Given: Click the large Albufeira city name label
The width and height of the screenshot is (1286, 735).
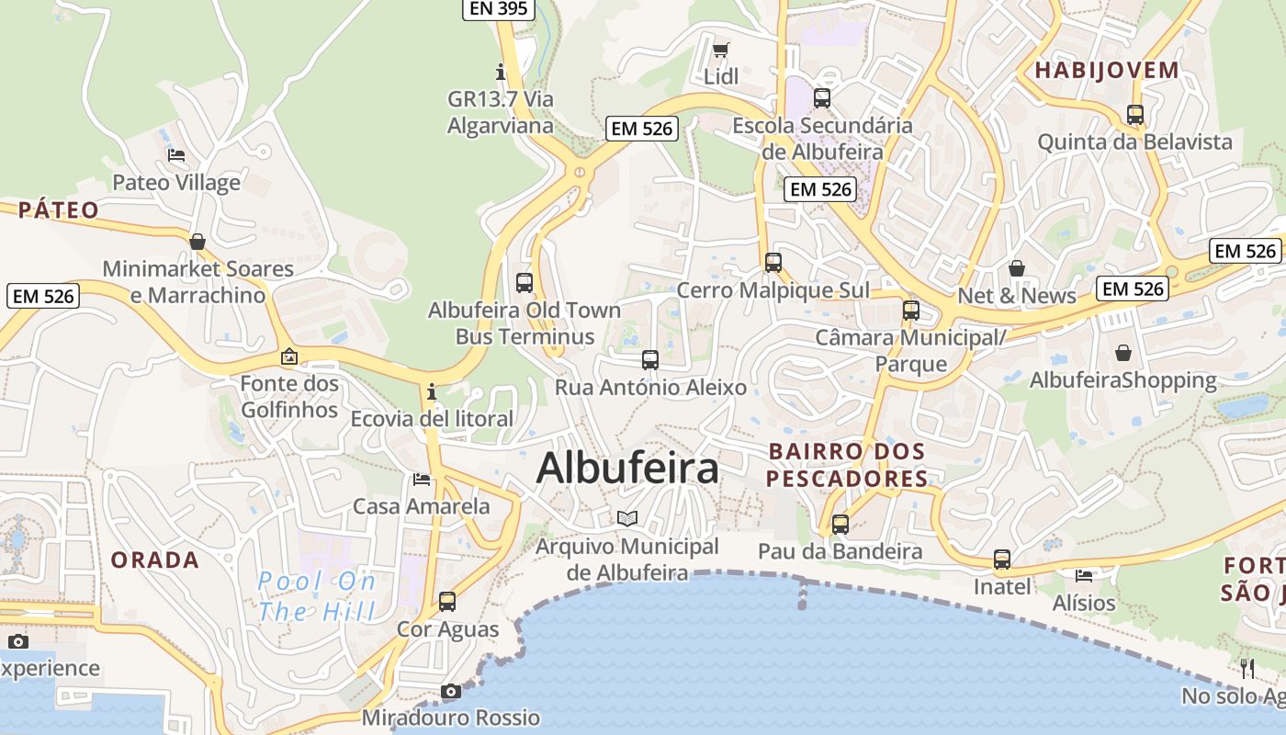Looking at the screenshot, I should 627,468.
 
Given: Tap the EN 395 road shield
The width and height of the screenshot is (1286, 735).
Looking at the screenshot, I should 498,9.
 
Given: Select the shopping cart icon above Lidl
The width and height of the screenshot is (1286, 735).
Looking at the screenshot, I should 721,50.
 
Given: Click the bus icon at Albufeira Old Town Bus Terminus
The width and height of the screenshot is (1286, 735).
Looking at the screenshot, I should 525,283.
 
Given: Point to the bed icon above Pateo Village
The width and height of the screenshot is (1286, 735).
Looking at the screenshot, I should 176,155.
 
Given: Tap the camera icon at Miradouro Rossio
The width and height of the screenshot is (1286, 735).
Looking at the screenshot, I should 450,691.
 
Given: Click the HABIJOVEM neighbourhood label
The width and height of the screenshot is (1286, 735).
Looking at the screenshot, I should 1107,70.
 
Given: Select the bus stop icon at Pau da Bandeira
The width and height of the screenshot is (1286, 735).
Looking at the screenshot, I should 840,525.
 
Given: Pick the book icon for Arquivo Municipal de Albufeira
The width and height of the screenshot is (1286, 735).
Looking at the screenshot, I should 627,519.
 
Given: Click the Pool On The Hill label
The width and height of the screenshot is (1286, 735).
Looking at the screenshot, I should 317,596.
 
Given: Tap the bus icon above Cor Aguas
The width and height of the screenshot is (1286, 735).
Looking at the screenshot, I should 447,602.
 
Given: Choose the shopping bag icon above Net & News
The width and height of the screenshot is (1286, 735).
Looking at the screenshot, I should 1017,268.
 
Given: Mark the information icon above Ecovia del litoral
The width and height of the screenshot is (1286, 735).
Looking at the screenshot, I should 431,392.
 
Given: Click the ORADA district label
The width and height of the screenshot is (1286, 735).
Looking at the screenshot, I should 155,560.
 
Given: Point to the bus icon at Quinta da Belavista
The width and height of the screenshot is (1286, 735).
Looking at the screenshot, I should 1135,115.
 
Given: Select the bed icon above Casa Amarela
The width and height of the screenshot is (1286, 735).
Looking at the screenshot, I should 422,479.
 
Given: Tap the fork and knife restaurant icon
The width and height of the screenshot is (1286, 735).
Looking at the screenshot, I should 1247,668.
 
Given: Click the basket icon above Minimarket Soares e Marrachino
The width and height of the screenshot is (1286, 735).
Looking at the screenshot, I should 197,242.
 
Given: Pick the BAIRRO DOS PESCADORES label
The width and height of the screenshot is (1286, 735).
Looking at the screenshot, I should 847,465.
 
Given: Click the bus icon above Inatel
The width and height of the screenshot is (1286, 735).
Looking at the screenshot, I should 1002,560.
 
